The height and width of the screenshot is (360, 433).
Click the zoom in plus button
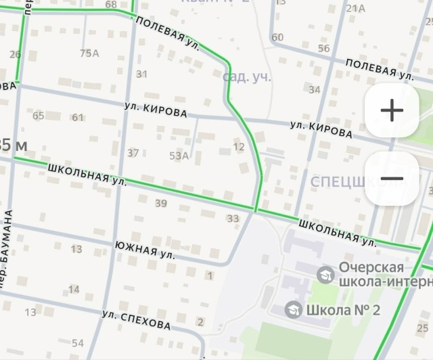point(392,110)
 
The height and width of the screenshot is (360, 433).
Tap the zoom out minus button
point(392,179)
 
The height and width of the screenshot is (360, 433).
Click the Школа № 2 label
point(343,311)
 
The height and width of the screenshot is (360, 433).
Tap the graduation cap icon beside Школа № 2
point(293,310)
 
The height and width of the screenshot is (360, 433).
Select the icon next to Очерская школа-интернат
point(325,274)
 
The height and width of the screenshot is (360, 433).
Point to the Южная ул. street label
point(145,250)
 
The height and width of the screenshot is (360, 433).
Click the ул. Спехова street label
point(136,320)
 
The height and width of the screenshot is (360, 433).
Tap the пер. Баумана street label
point(7,249)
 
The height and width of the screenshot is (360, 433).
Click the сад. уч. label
point(247,76)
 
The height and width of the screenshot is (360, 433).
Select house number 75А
point(89,53)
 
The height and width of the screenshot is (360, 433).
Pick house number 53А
point(179,156)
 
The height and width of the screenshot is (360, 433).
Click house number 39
point(161,203)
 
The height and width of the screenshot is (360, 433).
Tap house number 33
point(233,219)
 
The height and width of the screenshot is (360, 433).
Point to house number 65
point(38,116)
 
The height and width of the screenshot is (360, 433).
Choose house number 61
point(78,118)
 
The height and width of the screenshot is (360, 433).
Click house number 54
point(78,343)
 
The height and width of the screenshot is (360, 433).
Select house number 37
point(133,153)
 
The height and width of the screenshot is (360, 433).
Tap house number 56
point(323,49)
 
